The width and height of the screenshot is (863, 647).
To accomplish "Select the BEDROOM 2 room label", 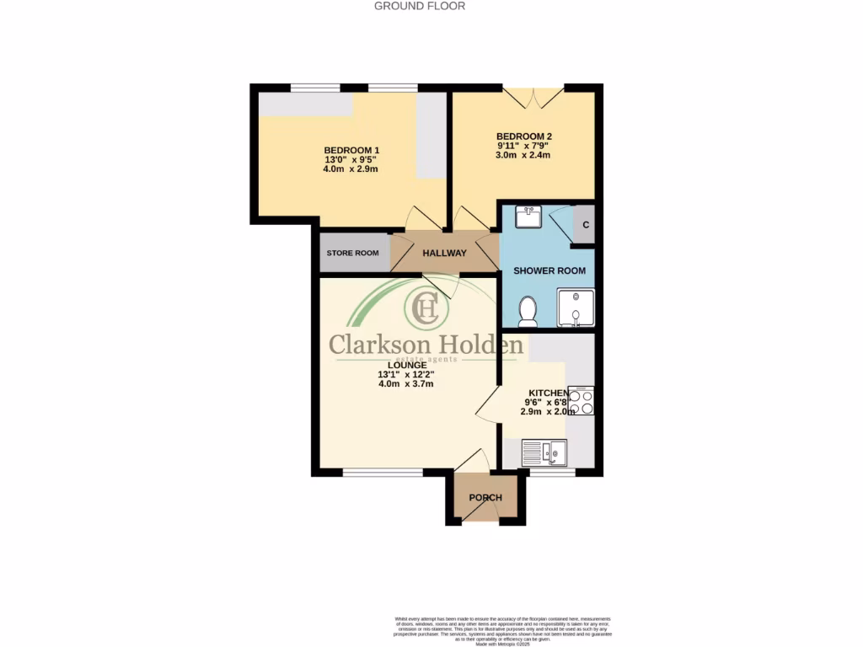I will pos(523,136).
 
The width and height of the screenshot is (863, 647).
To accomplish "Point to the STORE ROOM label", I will pos(353,253).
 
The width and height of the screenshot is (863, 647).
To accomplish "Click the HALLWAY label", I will pos(444,253).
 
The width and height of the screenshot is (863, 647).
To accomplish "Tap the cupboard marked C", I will pos(585,225).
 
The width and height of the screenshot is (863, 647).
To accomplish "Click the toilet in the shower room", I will pos(528,311).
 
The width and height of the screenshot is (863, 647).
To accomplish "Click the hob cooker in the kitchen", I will pos(582,400).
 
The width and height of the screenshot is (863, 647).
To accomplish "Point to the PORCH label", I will pos(485,498).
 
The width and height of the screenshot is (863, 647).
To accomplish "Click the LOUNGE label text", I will pos(406,364).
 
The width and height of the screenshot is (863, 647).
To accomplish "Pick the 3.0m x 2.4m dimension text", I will pos(523,155).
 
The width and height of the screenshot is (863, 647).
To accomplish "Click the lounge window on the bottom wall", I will pos(383,473).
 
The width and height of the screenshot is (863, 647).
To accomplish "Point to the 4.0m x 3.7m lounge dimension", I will pos(406,384).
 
